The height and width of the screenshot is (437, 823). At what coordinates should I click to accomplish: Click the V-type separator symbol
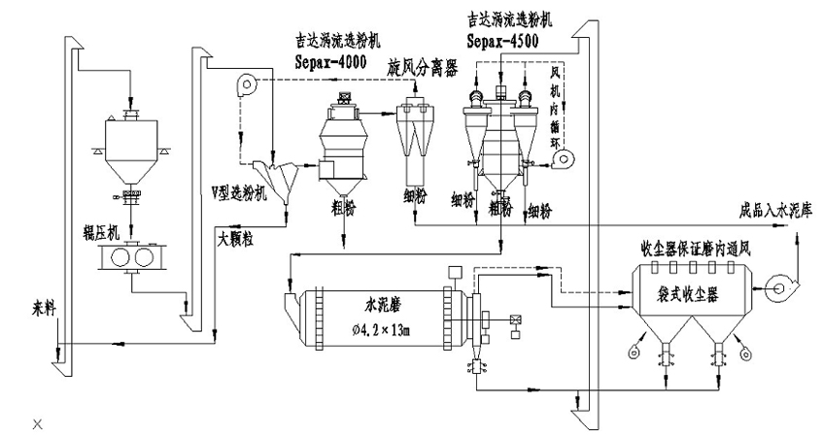click(275, 181)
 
